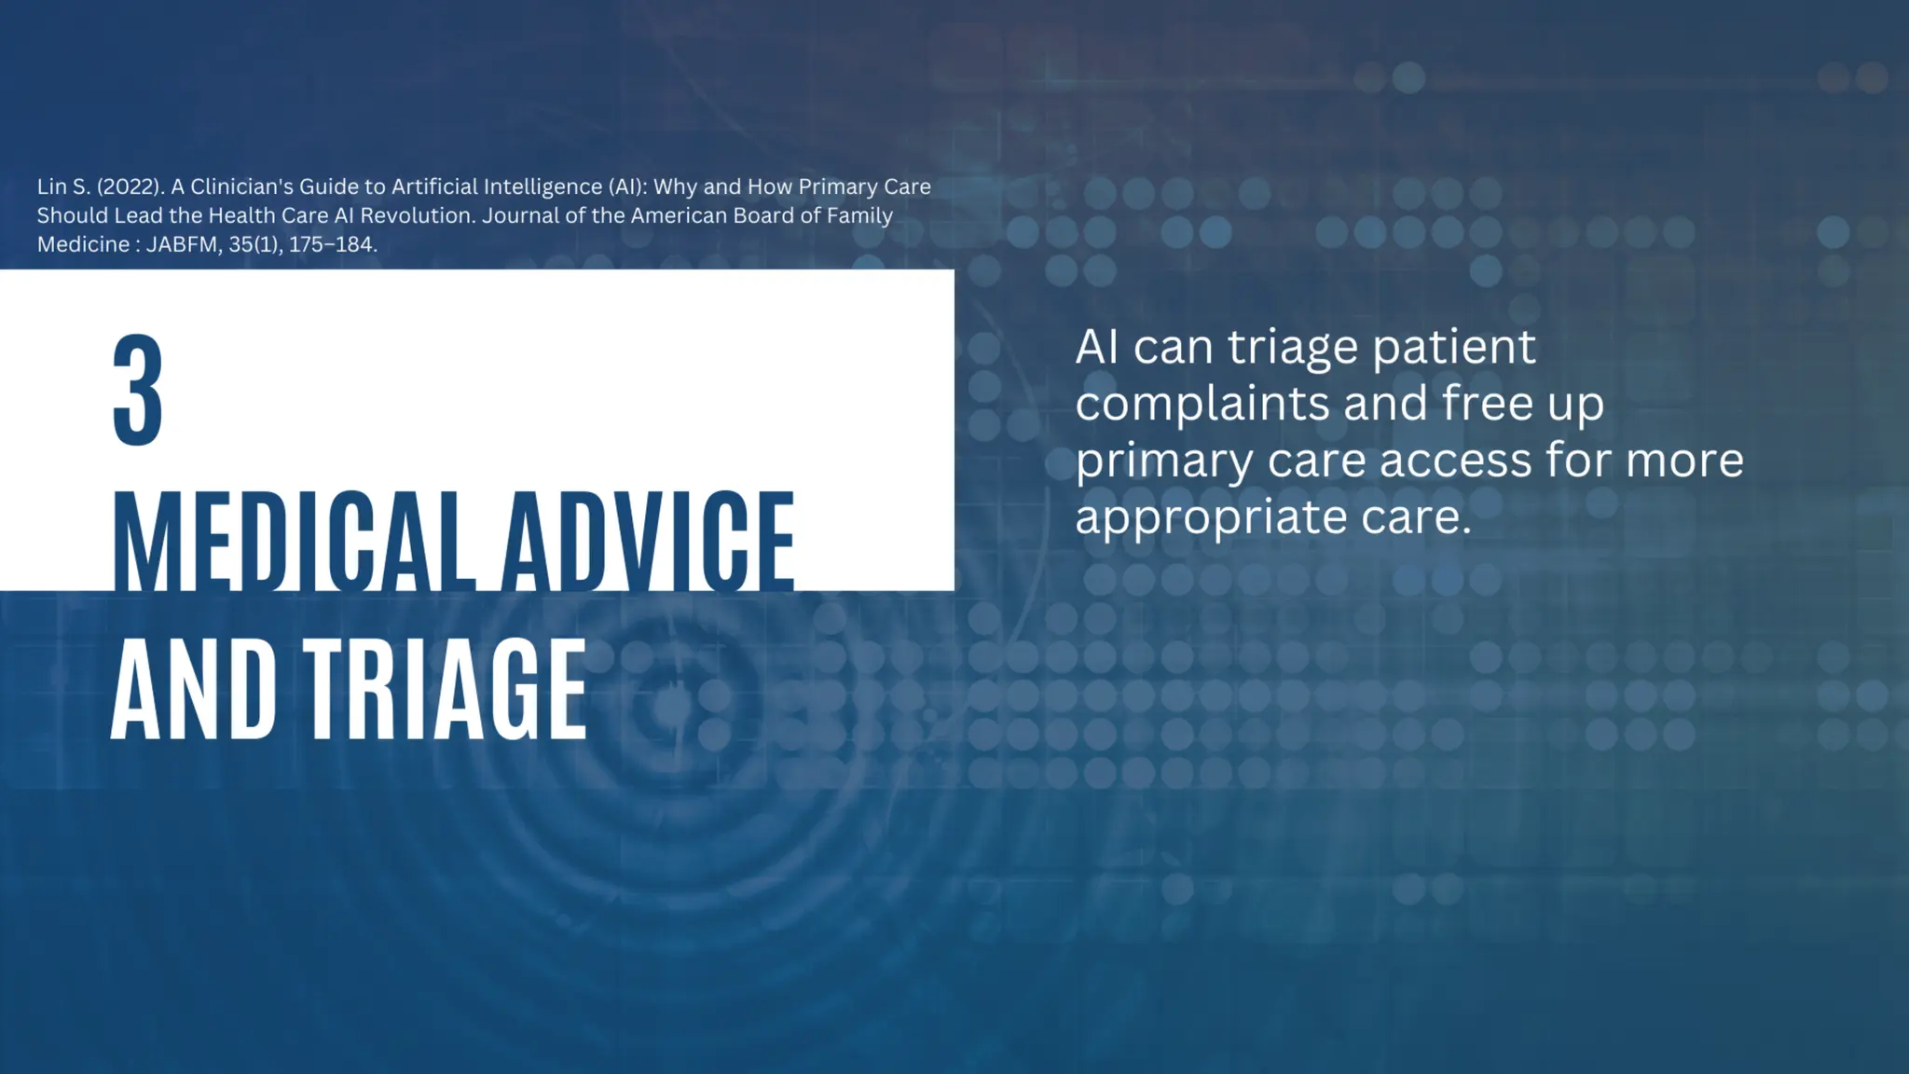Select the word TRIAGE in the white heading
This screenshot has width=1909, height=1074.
(446, 690)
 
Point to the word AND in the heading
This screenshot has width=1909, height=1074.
(194, 690)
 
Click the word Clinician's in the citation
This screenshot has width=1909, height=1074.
(241, 186)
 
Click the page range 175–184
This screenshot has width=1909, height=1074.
(332, 244)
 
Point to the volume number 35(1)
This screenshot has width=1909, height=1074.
(254, 244)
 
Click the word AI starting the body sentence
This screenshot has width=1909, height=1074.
(1096, 347)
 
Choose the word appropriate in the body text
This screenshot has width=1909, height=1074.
(1211, 517)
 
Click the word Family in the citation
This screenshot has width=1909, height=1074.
(859, 215)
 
